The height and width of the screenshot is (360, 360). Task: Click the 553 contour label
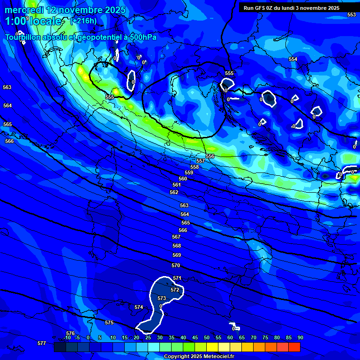pos(351,15)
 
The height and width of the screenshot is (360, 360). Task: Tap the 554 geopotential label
pos(293,59)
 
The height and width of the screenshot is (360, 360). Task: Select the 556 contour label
pos(210,156)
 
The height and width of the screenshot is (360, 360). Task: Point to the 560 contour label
pos(183,179)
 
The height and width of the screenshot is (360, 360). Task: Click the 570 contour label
pos(176,265)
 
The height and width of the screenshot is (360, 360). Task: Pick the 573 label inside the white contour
pos(162,298)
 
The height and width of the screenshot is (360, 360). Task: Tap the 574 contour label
pos(139,307)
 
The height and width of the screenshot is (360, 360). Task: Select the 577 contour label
pos(42,343)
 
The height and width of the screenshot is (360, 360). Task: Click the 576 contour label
pos(70,333)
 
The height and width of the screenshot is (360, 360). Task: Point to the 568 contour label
pos(177,246)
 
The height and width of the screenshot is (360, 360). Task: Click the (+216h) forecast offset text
pos(83,21)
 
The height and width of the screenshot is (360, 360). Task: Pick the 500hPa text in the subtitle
pos(142,37)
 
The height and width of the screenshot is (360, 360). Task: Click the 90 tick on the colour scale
pos(300,337)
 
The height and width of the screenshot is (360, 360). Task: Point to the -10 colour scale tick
pos(67,337)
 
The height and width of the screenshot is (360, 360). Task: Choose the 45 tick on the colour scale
pos(195,337)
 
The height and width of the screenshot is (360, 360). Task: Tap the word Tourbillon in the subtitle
pos(25,37)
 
